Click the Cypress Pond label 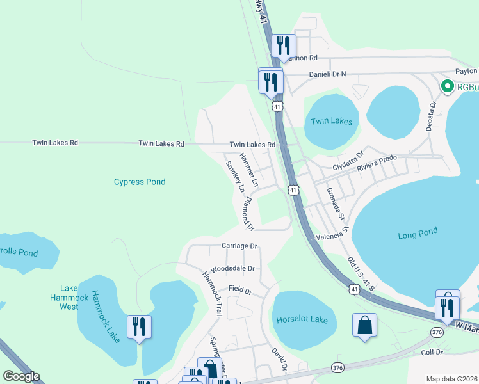pos(140,182)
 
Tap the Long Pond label pos(418,235)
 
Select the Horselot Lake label pos(302,319)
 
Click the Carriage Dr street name pos(239,246)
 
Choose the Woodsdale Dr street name pos(232,269)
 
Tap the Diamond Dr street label pos(247,213)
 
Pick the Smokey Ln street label pos(235,177)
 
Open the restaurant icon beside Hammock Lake pos(138,327)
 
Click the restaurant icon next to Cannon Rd pos(283,46)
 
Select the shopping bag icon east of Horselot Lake pos(364,325)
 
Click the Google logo pos(21,376)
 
